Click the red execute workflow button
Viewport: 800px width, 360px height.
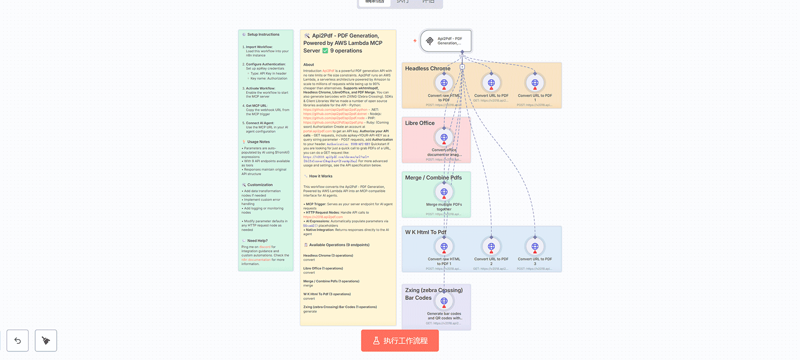coord(400,340)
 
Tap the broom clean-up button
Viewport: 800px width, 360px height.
coord(46,340)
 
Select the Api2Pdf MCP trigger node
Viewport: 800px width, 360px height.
coord(446,41)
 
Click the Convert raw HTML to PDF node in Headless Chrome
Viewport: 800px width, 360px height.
coord(444,83)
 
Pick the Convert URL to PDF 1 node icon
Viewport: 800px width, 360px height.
coord(535,83)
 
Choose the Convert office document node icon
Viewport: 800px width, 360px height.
coord(444,137)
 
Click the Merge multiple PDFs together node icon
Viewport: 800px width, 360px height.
coord(444,192)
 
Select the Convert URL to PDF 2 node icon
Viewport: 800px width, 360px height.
coord(491,247)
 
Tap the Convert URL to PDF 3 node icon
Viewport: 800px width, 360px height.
coord(535,247)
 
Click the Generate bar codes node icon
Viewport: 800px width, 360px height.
coord(444,301)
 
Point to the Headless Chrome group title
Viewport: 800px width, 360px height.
coord(428,69)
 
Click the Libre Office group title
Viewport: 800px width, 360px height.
coord(420,123)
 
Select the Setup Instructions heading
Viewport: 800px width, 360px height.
coord(263,34)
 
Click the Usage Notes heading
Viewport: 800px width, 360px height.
coord(258,142)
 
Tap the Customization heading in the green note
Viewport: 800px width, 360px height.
coord(260,185)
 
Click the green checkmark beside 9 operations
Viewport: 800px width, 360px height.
coord(325,51)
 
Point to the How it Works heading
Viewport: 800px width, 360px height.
coord(320,176)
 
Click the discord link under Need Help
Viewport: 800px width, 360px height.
coord(265,247)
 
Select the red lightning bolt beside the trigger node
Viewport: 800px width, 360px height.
coord(415,41)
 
